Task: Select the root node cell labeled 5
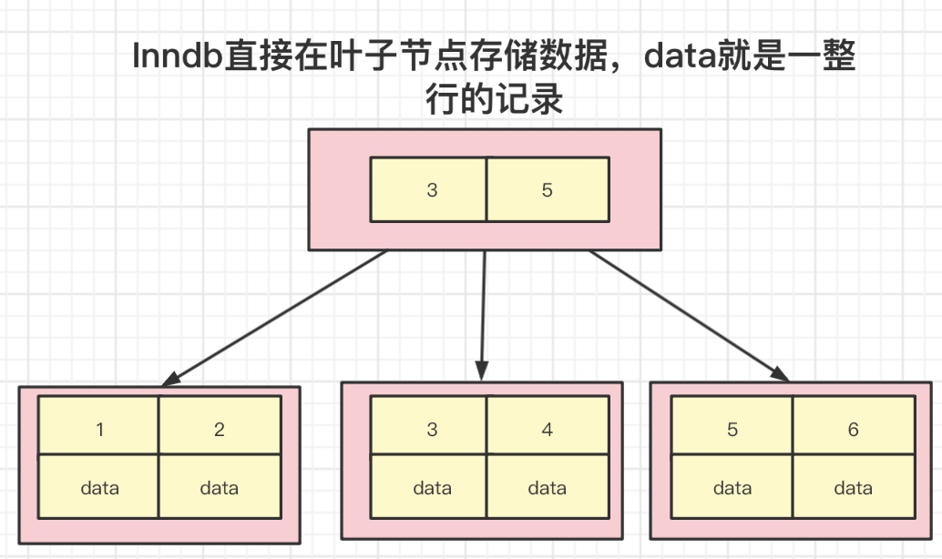point(547,190)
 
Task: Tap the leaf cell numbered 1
point(99,429)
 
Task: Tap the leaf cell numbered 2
point(220,429)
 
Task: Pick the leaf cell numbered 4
point(547,429)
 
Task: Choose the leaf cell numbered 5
point(732,429)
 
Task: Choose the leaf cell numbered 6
point(853,429)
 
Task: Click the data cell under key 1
point(99,488)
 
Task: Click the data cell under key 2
point(220,488)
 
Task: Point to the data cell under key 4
point(547,488)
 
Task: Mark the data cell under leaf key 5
point(732,488)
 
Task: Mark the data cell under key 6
point(853,488)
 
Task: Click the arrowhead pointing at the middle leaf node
point(482,371)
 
